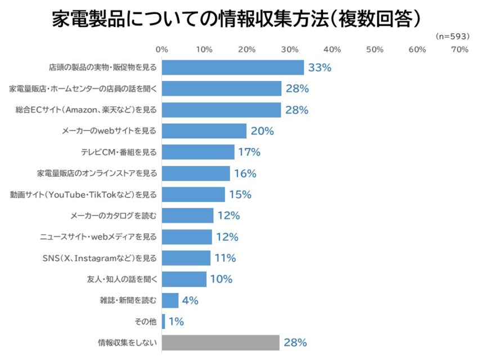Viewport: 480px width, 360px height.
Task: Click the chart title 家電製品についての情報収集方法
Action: [x=236, y=19]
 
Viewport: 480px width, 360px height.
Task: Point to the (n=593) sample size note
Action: [x=452, y=36]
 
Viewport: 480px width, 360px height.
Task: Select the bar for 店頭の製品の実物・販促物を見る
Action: [x=233, y=67]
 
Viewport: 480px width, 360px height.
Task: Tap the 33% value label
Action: [x=320, y=67]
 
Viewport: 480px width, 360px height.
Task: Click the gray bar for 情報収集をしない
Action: [x=221, y=342]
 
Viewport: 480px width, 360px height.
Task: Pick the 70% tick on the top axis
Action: [x=459, y=49]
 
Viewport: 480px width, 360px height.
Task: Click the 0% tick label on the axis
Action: [x=162, y=49]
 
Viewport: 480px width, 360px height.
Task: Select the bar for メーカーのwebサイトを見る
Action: [x=204, y=131]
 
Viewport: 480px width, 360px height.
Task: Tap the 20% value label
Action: [x=262, y=131]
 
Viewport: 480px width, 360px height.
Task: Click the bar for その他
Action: [x=164, y=321]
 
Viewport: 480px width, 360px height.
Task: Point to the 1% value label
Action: [x=176, y=321]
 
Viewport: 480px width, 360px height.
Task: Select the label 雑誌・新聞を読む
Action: [x=124, y=300]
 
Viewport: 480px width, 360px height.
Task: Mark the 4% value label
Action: [x=190, y=300]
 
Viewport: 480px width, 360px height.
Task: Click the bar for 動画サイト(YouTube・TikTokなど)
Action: [x=194, y=195]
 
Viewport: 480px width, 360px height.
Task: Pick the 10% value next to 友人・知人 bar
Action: [x=221, y=279]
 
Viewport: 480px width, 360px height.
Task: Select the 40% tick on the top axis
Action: [x=332, y=49]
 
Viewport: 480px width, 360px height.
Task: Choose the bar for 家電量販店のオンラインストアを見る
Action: [x=196, y=173]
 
